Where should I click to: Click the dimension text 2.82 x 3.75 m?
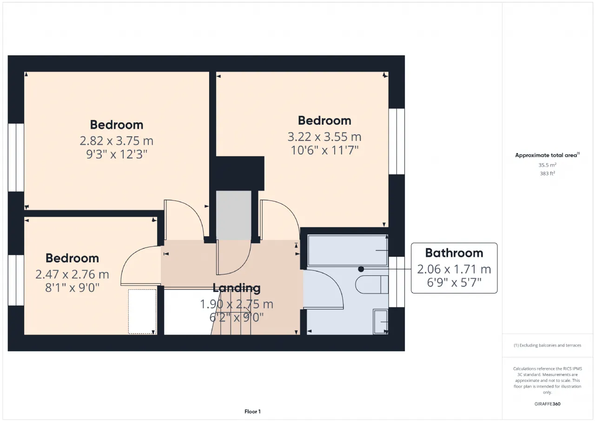pyautogui.click(x=116, y=141)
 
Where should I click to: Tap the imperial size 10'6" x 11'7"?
pyautogui.click(x=324, y=150)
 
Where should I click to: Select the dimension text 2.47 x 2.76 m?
pyautogui.click(x=72, y=274)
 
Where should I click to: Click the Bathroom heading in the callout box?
pyautogui.click(x=454, y=253)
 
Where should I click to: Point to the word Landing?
pyautogui.click(x=237, y=288)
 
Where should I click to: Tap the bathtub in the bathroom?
pyautogui.click(x=347, y=250)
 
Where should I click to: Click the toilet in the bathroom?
pyautogui.click(x=371, y=284)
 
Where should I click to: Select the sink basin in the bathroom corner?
pyautogui.click(x=381, y=321)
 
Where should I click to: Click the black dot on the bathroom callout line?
pyautogui.click(x=361, y=269)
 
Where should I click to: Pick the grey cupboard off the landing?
pyautogui.click(x=233, y=215)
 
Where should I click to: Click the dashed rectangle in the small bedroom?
pyautogui.click(x=142, y=312)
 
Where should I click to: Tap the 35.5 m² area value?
pyautogui.click(x=547, y=165)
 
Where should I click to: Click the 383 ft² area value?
pyautogui.click(x=547, y=174)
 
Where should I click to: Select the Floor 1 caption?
pyautogui.click(x=252, y=411)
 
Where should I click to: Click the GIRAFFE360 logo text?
pyautogui.click(x=547, y=404)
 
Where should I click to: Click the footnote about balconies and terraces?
pyautogui.click(x=547, y=345)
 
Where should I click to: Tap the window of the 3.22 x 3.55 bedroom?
pyautogui.click(x=397, y=141)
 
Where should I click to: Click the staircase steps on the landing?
pyautogui.click(x=231, y=312)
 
